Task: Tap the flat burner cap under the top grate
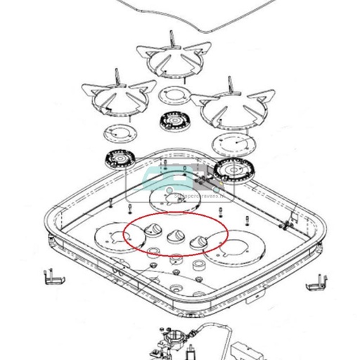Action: [x=172, y=93]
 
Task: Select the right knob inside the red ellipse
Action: [x=200, y=241]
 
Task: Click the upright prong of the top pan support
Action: [x=172, y=39]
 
